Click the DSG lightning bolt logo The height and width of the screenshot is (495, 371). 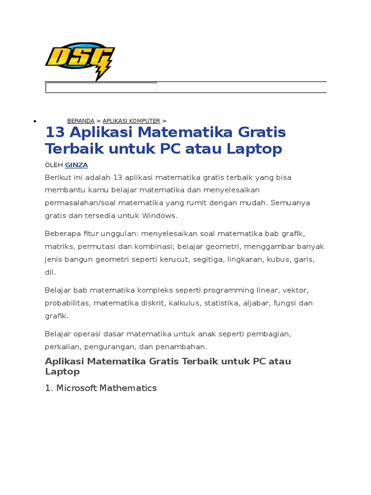click(x=80, y=60)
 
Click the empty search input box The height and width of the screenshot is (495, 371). click(x=101, y=87)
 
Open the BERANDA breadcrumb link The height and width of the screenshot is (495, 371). click(x=81, y=121)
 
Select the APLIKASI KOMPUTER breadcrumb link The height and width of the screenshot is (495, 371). click(x=131, y=121)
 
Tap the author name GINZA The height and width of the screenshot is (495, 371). click(x=76, y=165)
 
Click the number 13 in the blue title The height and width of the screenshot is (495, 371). click(x=54, y=132)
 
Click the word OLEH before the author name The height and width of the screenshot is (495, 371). click(x=54, y=165)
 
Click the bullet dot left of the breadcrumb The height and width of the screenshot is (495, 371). click(x=34, y=121)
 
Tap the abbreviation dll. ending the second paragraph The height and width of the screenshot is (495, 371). click(x=50, y=272)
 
